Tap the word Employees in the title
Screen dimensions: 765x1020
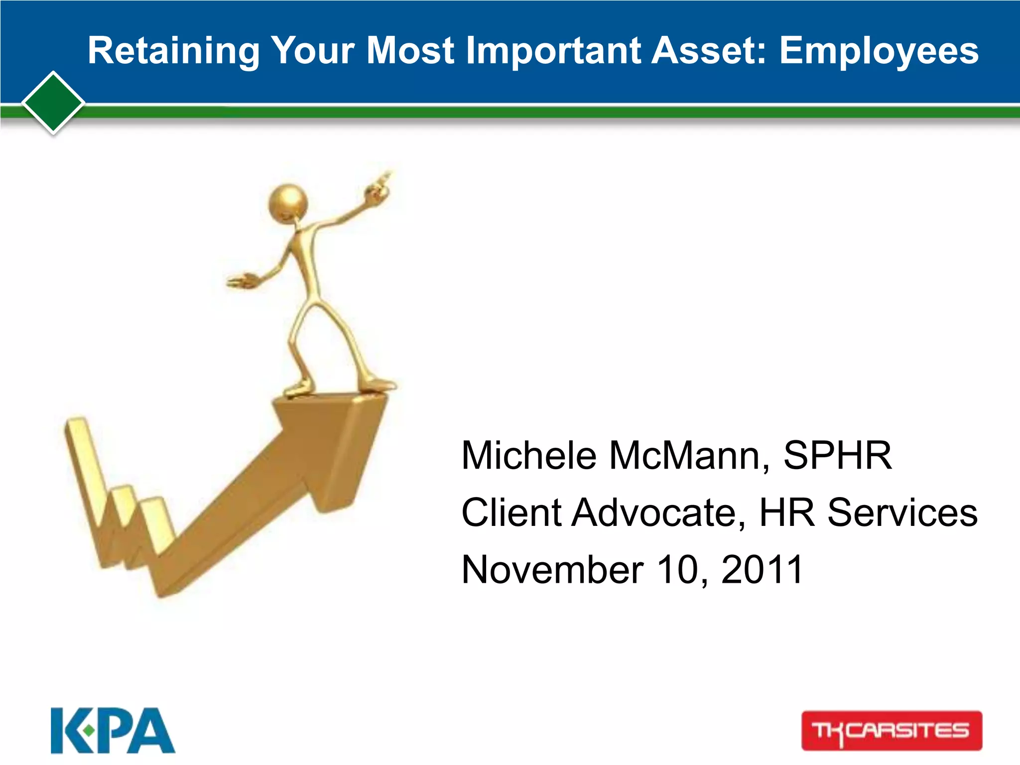879,51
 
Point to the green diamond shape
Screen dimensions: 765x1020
53,103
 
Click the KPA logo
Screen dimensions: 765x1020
113,731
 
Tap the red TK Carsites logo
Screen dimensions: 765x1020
892,731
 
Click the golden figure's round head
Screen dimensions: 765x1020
288,203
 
